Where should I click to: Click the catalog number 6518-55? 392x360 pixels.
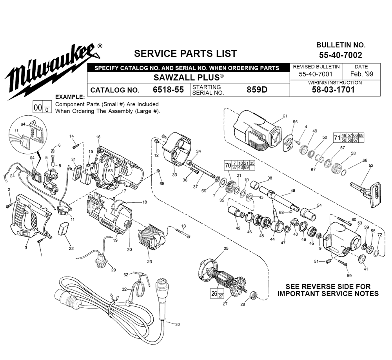tap(168, 90)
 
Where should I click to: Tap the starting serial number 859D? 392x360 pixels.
tap(257, 89)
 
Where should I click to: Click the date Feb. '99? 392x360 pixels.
tap(361, 74)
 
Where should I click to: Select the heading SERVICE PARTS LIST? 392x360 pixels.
tap(185, 53)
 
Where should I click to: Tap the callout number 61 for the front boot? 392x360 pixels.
tap(285, 116)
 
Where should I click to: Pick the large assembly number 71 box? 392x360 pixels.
tap(336, 138)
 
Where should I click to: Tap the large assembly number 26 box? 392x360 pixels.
tap(214, 293)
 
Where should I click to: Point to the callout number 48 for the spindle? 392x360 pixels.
tap(292, 191)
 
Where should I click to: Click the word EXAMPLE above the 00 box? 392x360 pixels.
tap(70, 97)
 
